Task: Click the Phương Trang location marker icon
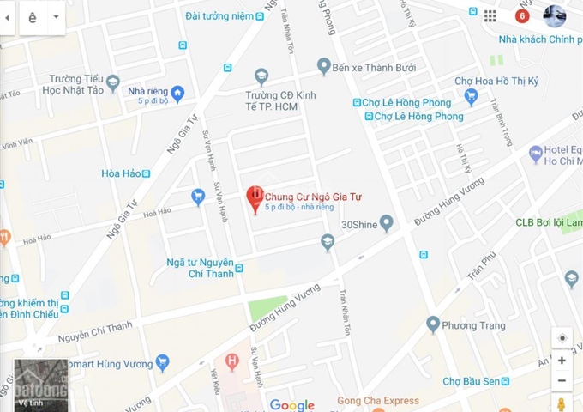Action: (434, 324)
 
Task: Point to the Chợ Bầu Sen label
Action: (470, 381)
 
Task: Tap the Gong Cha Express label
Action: (378, 401)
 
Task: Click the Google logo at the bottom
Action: (291, 405)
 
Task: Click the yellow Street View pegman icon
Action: (562, 403)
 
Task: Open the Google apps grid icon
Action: (490, 15)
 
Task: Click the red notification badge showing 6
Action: (522, 15)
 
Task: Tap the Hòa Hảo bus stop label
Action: (121, 173)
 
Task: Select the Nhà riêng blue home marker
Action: (177, 93)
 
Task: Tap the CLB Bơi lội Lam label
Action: (549, 221)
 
